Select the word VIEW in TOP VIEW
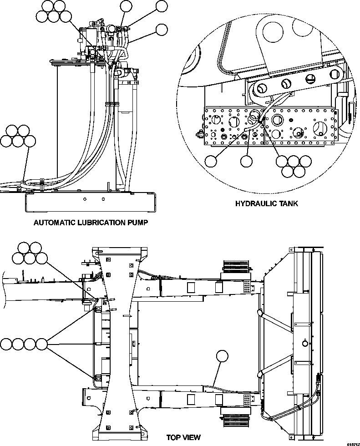192,437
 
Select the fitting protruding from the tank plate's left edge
199,134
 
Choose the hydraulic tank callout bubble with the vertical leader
247,161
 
